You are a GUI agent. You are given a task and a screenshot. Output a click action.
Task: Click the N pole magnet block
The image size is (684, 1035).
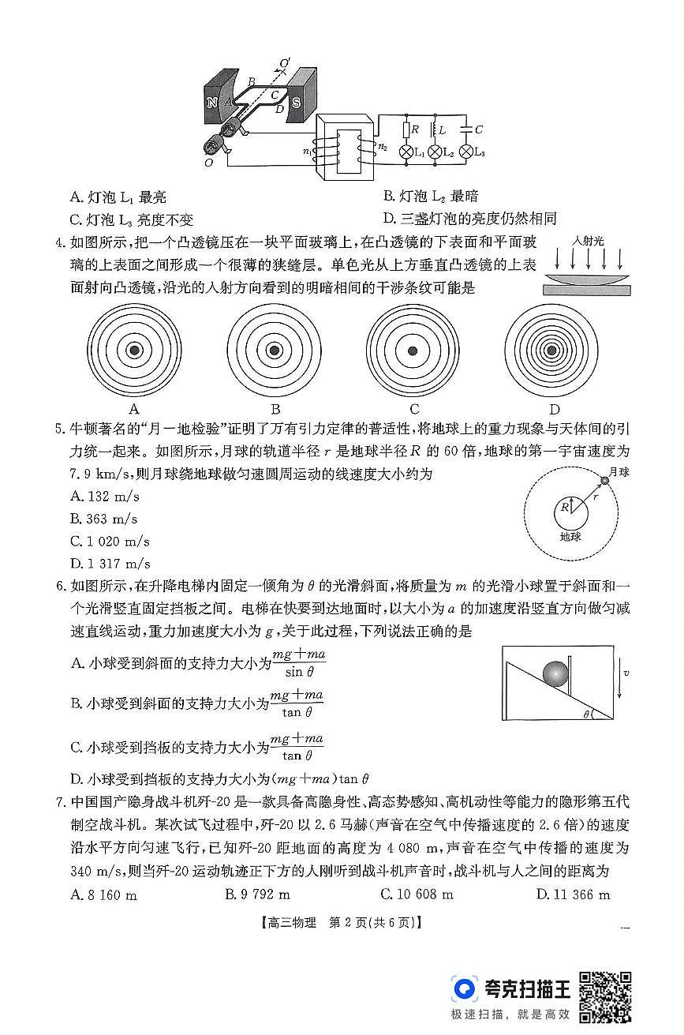[x=212, y=102]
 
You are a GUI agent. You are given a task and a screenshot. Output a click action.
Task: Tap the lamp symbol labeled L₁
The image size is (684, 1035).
[x=407, y=151]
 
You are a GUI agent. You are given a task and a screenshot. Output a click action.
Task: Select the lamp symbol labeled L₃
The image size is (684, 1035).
[x=466, y=151]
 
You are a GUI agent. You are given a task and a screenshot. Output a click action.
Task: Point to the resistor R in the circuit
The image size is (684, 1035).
[x=407, y=129]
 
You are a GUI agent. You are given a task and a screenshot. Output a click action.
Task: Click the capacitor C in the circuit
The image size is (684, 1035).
[x=467, y=129]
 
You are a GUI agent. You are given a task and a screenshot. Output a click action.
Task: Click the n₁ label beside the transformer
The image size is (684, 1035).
[x=308, y=150]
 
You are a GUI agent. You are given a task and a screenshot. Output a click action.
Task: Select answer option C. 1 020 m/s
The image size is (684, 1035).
[x=110, y=542]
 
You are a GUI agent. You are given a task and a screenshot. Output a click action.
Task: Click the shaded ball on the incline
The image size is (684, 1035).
[x=555, y=673]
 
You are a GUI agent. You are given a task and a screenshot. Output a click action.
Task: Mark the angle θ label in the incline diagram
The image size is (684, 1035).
[x=585, y=714]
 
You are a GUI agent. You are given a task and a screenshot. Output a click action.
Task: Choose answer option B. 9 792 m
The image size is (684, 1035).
[x=258, y=894]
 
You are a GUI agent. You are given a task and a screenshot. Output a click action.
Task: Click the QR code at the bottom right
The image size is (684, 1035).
[x=605, y=997]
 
